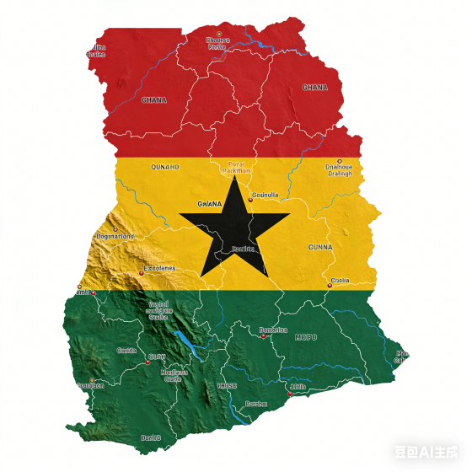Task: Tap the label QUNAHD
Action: (164, 167)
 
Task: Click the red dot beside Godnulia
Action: (249, 201)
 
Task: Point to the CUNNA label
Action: (319, 247)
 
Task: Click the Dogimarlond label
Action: (115, 236)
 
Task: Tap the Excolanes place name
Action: (160, 268)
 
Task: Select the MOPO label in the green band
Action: (306, 337)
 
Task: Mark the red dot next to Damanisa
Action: (263, 335)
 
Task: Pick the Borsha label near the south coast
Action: (255, 404)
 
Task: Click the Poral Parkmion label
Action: (240, 167)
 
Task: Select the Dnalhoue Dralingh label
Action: (339, 170)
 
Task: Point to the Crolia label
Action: (340, 280)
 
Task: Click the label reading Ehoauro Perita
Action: (217, 43)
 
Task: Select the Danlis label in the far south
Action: (150, 437)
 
